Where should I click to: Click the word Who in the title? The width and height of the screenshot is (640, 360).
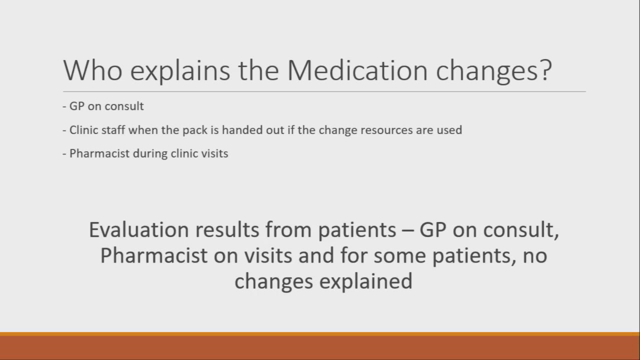(x=92, y=70)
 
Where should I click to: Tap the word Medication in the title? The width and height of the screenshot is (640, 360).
(x=357, y=70)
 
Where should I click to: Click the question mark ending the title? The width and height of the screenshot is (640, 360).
(x=545, y=70)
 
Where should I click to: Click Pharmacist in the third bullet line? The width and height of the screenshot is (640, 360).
(x=99, y=153)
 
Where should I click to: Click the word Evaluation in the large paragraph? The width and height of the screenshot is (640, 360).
(x=138, y=230)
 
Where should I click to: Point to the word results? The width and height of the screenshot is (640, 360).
(x=227, y=230)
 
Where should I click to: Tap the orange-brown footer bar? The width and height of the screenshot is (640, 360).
(x=320, y=346)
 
